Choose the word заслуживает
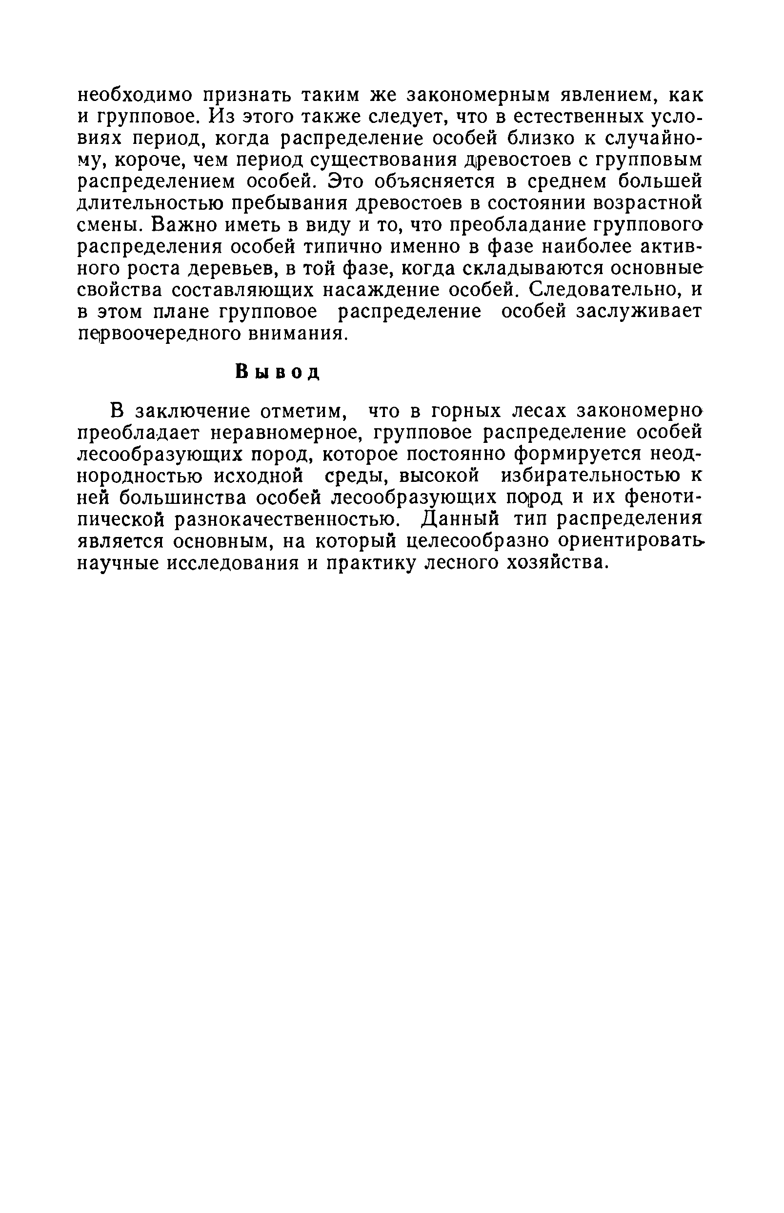click(x=639, y=311)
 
